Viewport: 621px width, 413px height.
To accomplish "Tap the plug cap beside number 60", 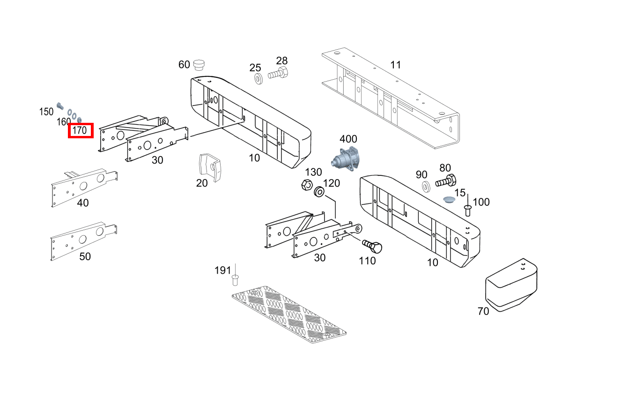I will [200, 64].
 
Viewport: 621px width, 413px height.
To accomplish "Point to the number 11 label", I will [396, 65].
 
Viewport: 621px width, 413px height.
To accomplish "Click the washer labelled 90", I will [426, 187].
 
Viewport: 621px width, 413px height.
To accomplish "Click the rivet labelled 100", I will [467, 210].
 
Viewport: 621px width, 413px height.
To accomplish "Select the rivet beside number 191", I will [236, 280].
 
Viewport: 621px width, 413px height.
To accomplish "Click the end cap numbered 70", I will [511, 285].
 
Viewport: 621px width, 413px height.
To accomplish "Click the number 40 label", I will [83, 203].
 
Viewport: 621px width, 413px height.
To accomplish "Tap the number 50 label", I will [85, 257].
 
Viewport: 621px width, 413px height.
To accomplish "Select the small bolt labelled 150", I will [60, 105].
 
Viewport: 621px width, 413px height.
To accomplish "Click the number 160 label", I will [64, 122].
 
